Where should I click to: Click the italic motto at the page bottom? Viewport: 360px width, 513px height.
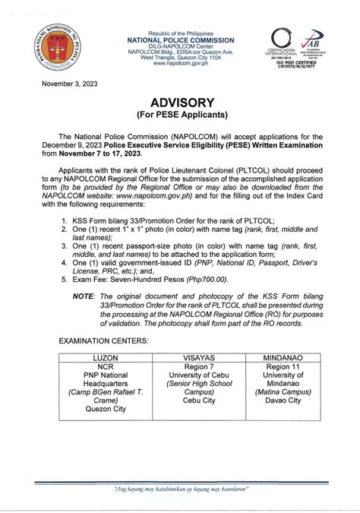(x=180, y=490)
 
